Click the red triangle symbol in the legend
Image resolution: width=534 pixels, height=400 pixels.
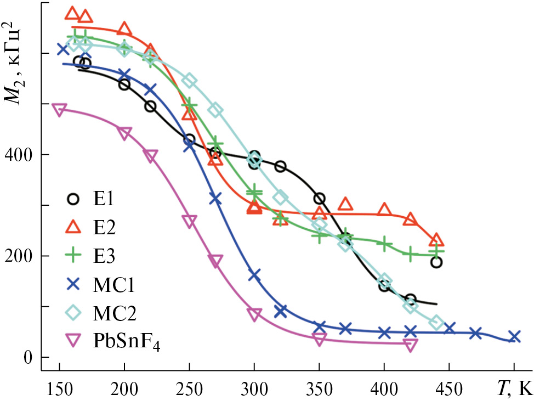(x=73, y=227)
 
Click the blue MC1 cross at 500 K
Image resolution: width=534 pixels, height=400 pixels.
(x=514, y=336)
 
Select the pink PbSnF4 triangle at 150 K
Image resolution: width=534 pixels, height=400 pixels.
(x=59, y=109)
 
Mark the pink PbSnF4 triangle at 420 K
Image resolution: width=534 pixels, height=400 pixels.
(x=410, y=344)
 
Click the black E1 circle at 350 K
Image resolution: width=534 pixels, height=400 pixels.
(x=319, y=199)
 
